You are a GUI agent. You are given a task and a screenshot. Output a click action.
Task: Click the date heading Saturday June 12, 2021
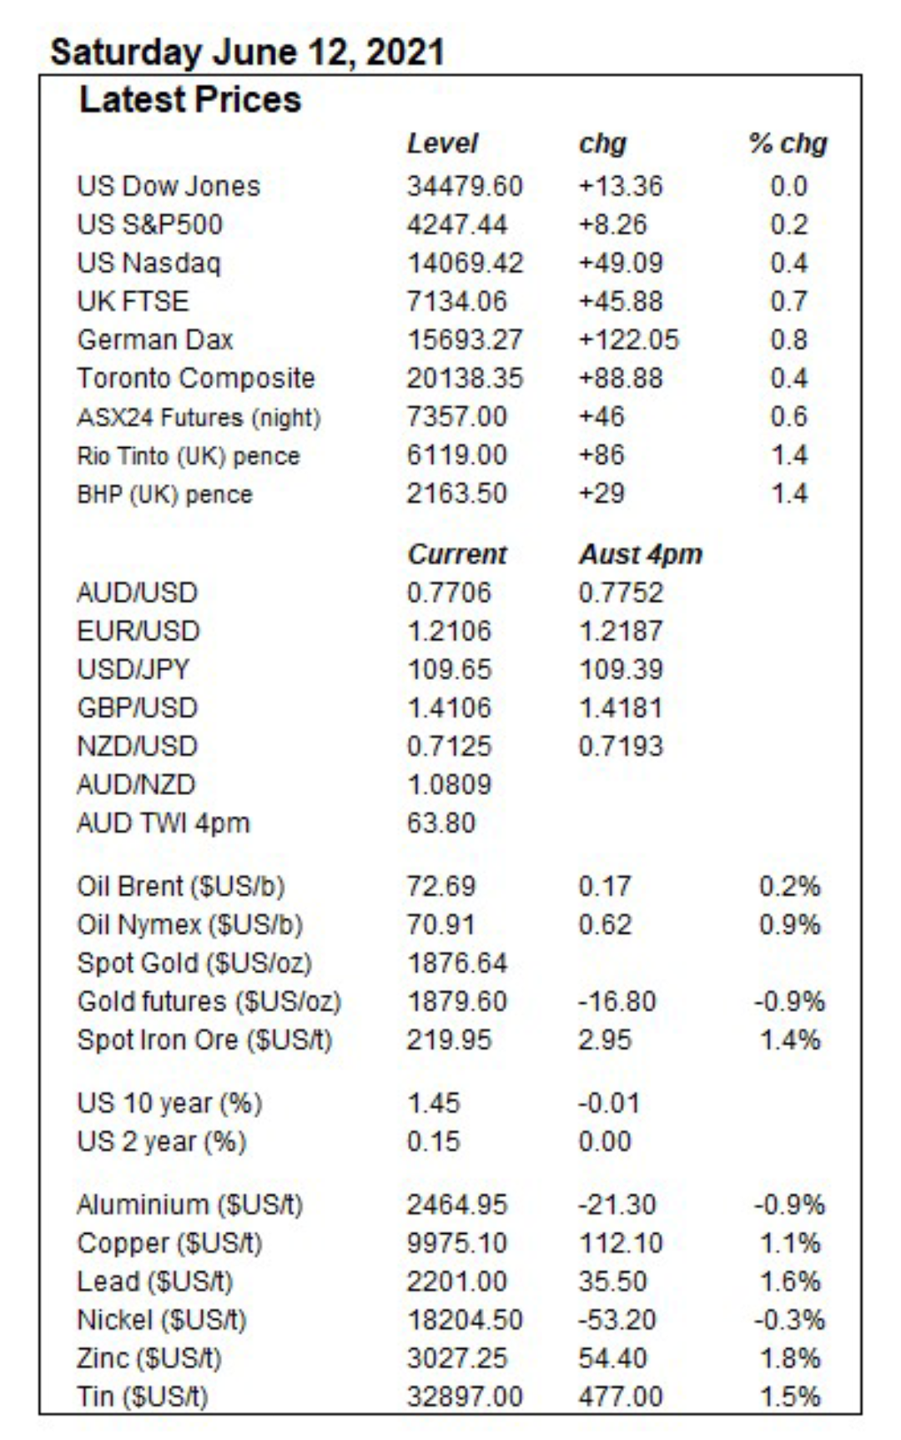click(x=247, y=53)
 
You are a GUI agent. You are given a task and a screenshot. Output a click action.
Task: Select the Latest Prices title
click(x=189, y=100)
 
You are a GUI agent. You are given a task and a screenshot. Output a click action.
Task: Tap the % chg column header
click(x=788, y=143)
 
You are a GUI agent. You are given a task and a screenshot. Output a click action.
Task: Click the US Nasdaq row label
click(x=148, y=264)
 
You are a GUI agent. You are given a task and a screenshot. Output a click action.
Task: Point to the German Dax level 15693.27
click(x=465, y=340)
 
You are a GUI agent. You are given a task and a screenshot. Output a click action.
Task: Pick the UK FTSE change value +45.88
click(x=620, y=301)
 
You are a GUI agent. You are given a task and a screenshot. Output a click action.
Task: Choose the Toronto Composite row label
click(x=196, y=378)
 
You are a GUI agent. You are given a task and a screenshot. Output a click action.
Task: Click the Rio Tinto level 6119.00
click(x=456, y=455)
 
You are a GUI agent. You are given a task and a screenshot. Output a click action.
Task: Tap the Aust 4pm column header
click(x=641, y=554)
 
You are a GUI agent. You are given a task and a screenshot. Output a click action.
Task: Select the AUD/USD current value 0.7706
click(x=449, y=592)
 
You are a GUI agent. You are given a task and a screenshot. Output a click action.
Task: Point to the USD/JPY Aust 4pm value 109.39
click(x=621, y=669)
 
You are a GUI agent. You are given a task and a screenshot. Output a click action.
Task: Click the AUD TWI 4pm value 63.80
click(x=440, y=823)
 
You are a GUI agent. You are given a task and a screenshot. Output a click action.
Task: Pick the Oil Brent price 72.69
click(x=440, y=886)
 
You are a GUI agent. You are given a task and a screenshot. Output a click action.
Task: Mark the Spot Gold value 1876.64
click(x=456, y=963)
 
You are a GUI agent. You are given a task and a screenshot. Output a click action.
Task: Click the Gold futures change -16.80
click(x=617, y=1001)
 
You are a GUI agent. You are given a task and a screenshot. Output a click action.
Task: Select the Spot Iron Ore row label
click(x=204, y=1040)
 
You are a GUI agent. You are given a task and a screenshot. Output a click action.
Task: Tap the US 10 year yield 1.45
click(x=433, y=1103)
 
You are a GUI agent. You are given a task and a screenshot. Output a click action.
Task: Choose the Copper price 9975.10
click(x=456, y=1243)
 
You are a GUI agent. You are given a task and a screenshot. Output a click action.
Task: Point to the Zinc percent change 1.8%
click(x=790, y=1358)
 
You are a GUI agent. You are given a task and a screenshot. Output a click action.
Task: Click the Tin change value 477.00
click(x=621, y=1397)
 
